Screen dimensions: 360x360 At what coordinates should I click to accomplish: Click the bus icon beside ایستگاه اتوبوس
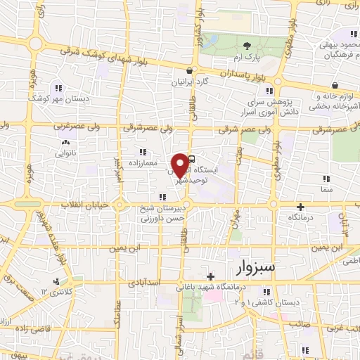pyautogui.click(x=193, y=160)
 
